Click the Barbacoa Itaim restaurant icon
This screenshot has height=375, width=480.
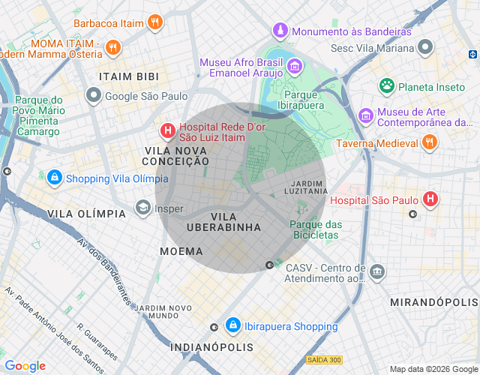[x=154, y=22]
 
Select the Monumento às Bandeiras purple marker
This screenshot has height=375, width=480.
[x=280, y=31]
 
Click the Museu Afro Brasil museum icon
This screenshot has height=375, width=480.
[x=295, y=67]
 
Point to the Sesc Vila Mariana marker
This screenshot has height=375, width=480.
[x=426, y=48]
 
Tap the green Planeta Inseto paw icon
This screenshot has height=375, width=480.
[x=387, y=86]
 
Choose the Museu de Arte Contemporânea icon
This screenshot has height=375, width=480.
[x=366, y=115]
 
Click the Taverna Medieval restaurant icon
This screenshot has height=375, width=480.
[x=430, y=142]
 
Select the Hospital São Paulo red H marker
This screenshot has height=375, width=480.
[x=430, y=199]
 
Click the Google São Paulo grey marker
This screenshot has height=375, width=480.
[x=94, y=95]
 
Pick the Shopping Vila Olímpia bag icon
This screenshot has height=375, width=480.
[x=54, y=178]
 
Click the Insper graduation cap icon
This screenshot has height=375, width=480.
[x=142, y=208]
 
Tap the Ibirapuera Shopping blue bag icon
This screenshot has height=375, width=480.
[x=232, y=325]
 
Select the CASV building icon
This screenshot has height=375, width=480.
[x=378, y=271]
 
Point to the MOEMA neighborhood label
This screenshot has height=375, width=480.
[x=181, y=251]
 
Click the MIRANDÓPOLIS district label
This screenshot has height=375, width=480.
[x=433, y=301]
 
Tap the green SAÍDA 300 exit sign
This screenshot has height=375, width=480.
[x=323, y=360]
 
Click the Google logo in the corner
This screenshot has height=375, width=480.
[x=25, y=366]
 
